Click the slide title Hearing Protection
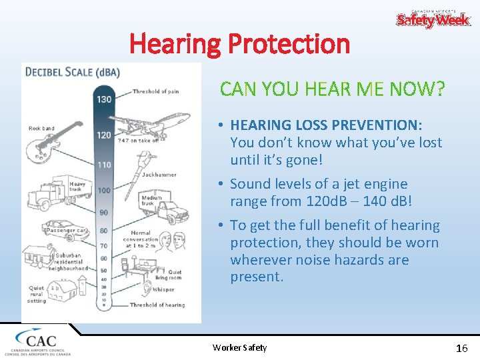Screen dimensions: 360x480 239,44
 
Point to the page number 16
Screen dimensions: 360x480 461,348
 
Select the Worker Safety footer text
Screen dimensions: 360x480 239,347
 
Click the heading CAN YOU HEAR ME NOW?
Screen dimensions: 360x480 332,89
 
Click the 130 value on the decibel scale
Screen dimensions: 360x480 105,99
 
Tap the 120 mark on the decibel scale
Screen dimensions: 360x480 104,134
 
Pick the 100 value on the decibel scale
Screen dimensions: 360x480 104,190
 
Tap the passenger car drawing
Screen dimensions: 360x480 63,230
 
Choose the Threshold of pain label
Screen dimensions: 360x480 155,91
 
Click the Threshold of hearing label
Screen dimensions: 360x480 157,305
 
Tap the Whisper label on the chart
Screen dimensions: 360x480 164,289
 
